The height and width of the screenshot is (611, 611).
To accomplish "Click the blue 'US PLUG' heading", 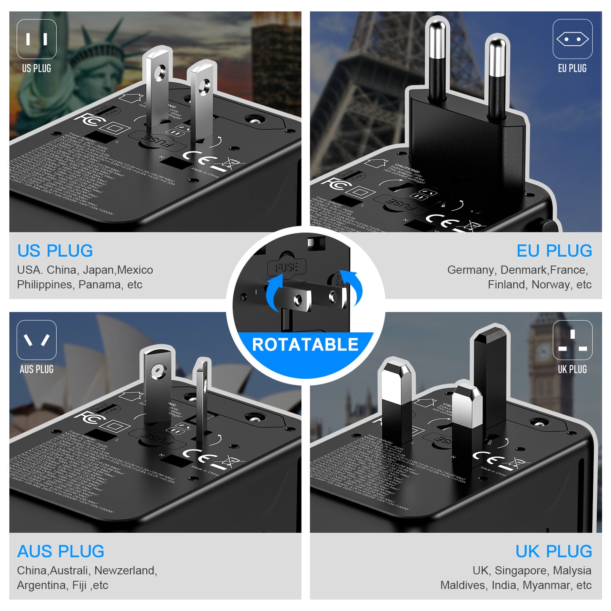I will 55,251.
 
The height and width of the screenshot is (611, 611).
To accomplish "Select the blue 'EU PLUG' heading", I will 554,251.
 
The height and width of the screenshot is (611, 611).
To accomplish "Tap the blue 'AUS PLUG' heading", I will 60,551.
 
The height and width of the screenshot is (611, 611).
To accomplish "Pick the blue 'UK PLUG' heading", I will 553,551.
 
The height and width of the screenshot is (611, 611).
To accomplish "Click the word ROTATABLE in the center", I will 305,345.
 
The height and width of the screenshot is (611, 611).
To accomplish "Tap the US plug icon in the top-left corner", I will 37,39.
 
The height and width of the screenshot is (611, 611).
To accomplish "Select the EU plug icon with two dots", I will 572,39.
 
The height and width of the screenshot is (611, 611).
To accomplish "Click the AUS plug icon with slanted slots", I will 37,340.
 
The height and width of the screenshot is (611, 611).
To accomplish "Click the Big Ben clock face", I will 543,351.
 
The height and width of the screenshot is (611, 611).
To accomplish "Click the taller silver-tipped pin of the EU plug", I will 437,59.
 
